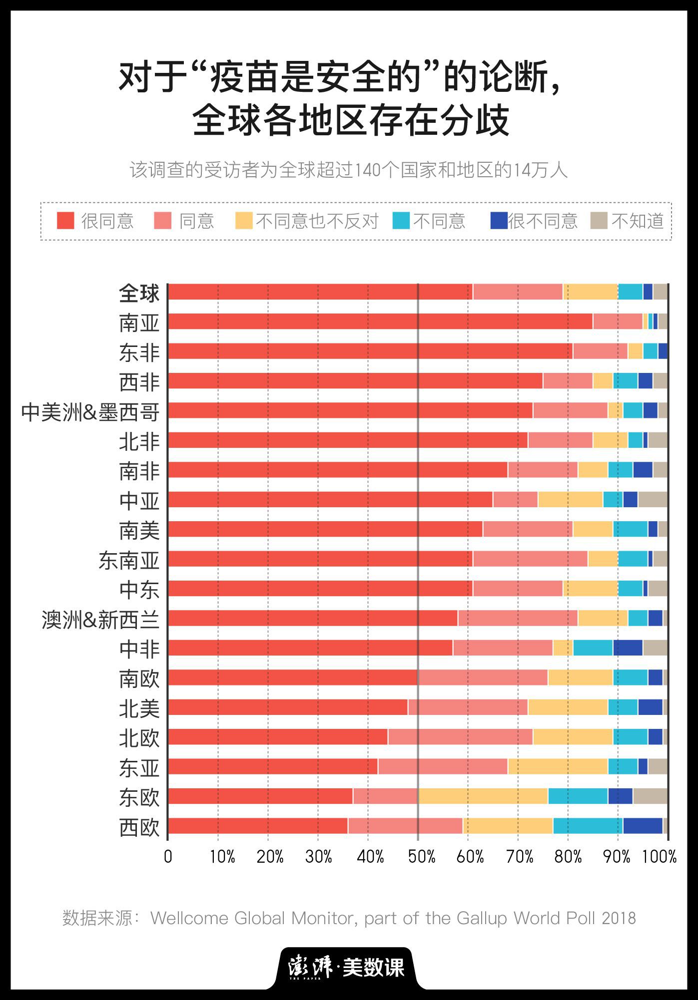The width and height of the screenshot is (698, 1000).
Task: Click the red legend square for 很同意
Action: [x=65, y=221]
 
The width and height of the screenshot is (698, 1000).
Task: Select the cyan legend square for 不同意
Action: [x=401, y=221]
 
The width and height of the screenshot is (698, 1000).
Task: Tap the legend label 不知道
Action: [x=638, y=221]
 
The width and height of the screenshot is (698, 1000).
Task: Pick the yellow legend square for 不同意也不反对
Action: [x=244, y=221]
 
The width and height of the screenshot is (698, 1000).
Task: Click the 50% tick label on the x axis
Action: [x=421, y=857]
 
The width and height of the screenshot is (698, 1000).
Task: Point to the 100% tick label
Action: [x=659, y=857]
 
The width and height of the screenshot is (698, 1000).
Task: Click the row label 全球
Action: [x=139, y=293]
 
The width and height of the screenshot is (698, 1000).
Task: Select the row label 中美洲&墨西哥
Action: [x=90, y=412]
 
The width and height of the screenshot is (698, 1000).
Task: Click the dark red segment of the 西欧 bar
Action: [x=257, y=826]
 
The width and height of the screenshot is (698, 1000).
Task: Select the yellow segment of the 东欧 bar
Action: [x=483, y=796]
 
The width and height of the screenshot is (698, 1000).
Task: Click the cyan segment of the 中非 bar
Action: [x=593, y=648]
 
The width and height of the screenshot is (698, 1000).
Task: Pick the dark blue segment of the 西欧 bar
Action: [x=643, y=826]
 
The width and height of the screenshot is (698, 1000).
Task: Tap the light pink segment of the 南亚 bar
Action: [x=618, y=322]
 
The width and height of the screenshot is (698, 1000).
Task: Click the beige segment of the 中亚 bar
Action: [x=653, y=499]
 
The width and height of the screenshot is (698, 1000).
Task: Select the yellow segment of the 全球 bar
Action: [x=590, y=292]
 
